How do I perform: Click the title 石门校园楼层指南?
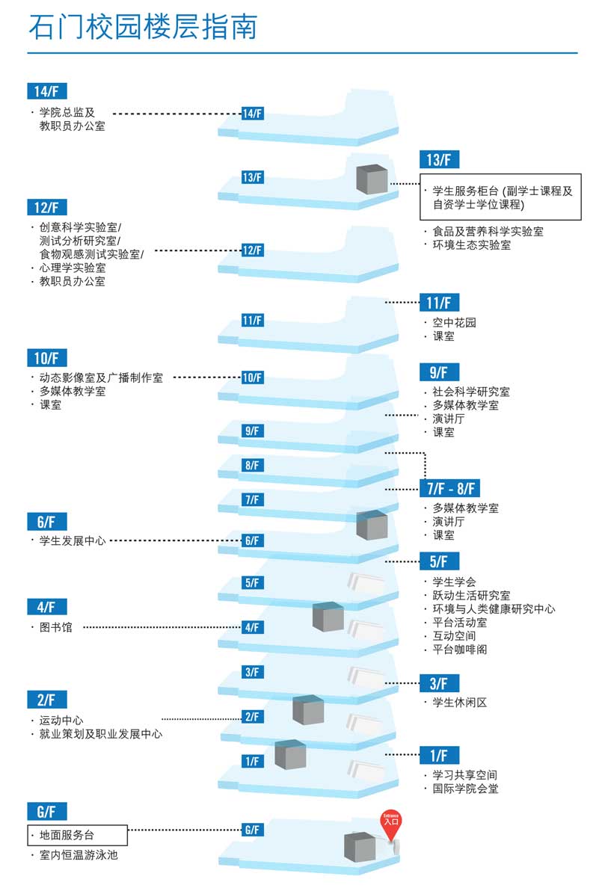click(x=143, y=27)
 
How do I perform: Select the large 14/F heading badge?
click(x=47, y=91)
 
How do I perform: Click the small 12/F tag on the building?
click(x=252, y=250)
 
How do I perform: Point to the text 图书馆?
click(x=55, y=627)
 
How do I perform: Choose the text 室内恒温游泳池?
click(x=79, y=854)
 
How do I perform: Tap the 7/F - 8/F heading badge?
click(x=450, y=488)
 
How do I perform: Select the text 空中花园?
click(x=454, y=322)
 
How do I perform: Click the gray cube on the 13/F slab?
click(x=372, y=179)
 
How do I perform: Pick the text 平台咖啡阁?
click(x=459, y=649)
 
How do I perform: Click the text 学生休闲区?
click(x=459, y=702)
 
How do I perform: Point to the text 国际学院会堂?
click(x=465, y=789)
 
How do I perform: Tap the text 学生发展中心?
click(x=73, y=541)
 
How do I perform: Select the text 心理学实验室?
click(x=73, y=268)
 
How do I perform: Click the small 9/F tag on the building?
click(x=252, y=431)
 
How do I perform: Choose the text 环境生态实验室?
click(x=471, y=244)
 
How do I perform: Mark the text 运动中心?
click(x=61, y=721)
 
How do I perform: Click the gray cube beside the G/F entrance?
click(x=360, y=848)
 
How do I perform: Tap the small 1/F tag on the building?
click(x=253, y=761)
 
